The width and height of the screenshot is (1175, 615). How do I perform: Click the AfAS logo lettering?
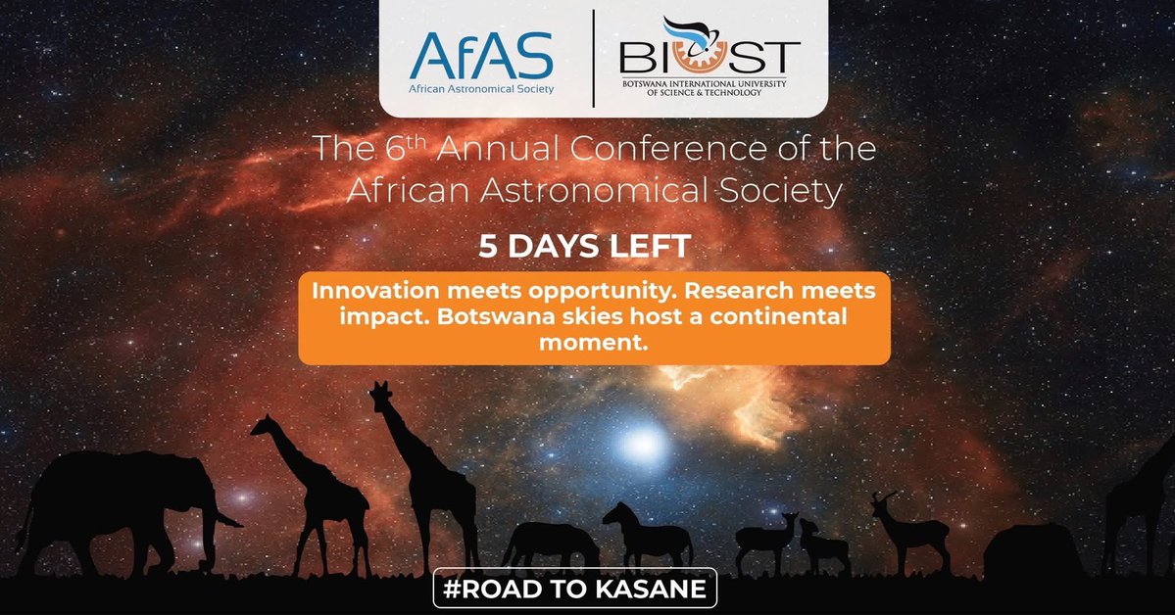(481, 56)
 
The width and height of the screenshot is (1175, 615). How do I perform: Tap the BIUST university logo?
(710, 58)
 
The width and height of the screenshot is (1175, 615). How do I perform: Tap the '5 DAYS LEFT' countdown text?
(584, 246)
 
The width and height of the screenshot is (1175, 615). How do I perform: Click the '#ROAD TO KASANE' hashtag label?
(575, 591)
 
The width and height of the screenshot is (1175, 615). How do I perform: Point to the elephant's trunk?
(221, 515)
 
